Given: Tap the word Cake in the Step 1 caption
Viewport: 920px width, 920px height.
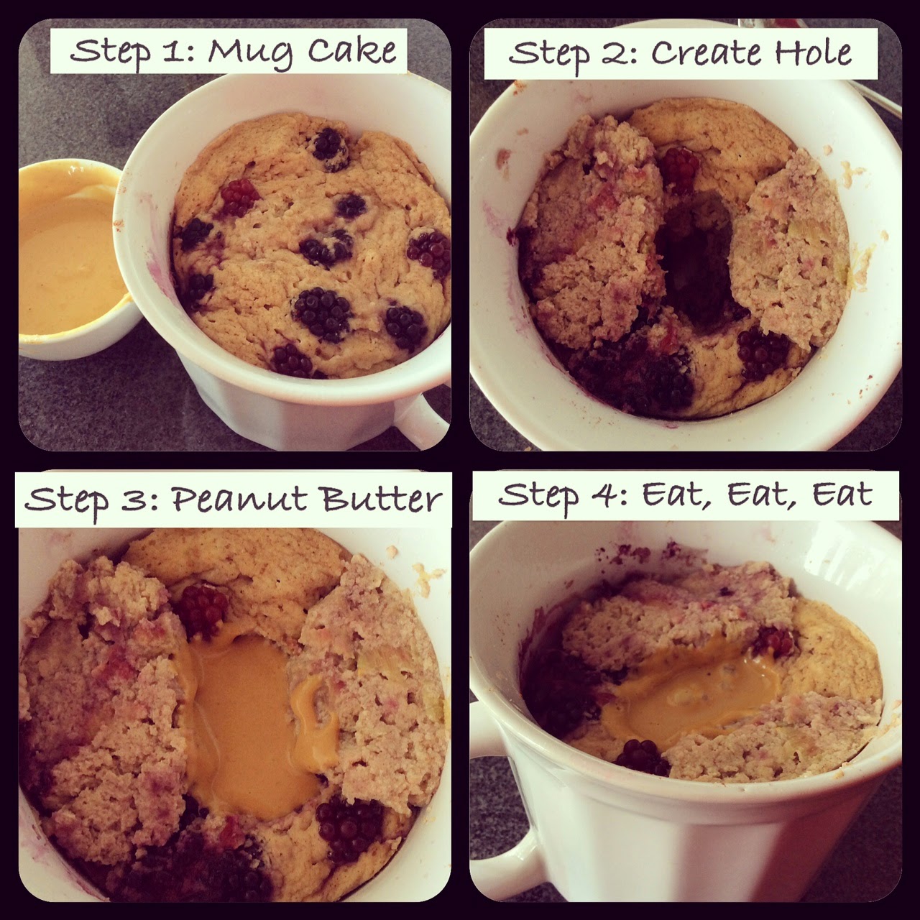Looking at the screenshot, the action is coord(352,50).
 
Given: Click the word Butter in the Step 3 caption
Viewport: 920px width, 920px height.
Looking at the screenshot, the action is coord(381,498).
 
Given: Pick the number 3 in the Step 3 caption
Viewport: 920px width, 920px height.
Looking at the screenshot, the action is coord(134,499).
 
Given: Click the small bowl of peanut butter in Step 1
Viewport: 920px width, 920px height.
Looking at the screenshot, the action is coord(72,258).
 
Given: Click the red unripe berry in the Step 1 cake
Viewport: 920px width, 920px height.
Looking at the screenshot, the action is coord(239,197).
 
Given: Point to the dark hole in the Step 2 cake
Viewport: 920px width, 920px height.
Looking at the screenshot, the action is coord(694,258).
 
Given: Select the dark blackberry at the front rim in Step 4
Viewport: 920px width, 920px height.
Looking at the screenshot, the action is coord(643,758).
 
